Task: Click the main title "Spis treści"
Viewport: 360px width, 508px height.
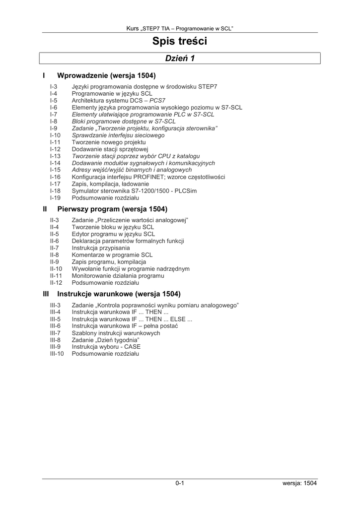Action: [x=180, y=42]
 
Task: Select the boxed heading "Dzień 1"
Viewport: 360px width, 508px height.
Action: [x=180, y=59]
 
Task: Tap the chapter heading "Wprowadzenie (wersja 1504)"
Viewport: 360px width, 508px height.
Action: [x=106, y=76]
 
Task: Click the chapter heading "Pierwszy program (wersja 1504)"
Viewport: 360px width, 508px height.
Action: [x=112, y=209]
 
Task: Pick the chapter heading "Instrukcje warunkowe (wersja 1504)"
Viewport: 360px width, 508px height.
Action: [x=119, y=294]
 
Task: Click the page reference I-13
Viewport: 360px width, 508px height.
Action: [x=55, y=156]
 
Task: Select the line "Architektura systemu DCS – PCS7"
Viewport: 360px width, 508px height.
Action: [x=119, y=100]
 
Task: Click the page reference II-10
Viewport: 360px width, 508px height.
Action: [x=56, y=269]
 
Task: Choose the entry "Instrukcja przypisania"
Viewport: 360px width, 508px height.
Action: [x=101, y=248]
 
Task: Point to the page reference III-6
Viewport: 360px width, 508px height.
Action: [x=55, y=326]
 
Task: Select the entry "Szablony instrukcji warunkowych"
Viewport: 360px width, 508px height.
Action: [x=116, y=333]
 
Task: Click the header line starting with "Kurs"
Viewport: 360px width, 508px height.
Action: [x=180, y=28]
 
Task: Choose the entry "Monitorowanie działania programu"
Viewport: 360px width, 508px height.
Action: [x=118, y=276]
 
